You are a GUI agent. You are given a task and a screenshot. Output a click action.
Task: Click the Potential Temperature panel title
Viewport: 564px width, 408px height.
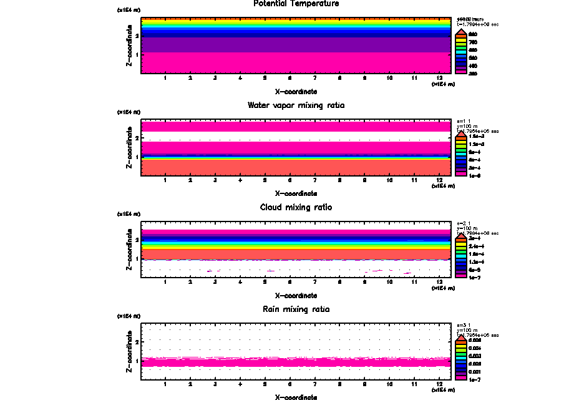[296, 4]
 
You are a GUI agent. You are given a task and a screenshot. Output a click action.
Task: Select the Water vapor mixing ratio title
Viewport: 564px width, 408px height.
[296, 105]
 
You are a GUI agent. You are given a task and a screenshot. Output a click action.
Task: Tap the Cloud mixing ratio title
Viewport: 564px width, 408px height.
[296, 207]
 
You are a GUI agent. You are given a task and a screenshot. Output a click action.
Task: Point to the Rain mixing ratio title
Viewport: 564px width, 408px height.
[296, 309]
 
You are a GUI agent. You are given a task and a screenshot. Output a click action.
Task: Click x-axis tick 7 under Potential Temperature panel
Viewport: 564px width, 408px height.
[314, 78]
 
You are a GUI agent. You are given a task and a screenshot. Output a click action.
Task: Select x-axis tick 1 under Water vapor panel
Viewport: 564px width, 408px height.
[165, 180]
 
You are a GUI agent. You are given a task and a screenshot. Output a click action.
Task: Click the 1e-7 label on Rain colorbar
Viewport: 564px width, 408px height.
[475, 379]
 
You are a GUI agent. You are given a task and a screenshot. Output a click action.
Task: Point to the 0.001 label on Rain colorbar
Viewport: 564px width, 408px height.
[475, 371]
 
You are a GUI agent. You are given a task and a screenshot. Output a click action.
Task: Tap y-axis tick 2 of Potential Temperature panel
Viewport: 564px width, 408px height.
[137, 36]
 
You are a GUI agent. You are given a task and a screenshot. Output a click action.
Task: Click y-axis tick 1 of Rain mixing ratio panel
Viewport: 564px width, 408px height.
[137, 361]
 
